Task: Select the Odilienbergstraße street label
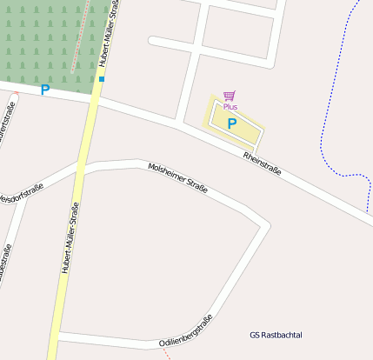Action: tap(186, 331)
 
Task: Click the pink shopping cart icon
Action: tap(230, 97)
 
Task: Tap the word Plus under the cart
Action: tap(230, 107)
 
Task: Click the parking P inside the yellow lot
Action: tap(232, 123)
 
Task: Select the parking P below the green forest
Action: tap(45, 90)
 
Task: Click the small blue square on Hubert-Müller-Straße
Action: tap(102, 79)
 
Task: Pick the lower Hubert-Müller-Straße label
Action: tap(69, 237)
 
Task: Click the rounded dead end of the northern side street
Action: tap(153, 41)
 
